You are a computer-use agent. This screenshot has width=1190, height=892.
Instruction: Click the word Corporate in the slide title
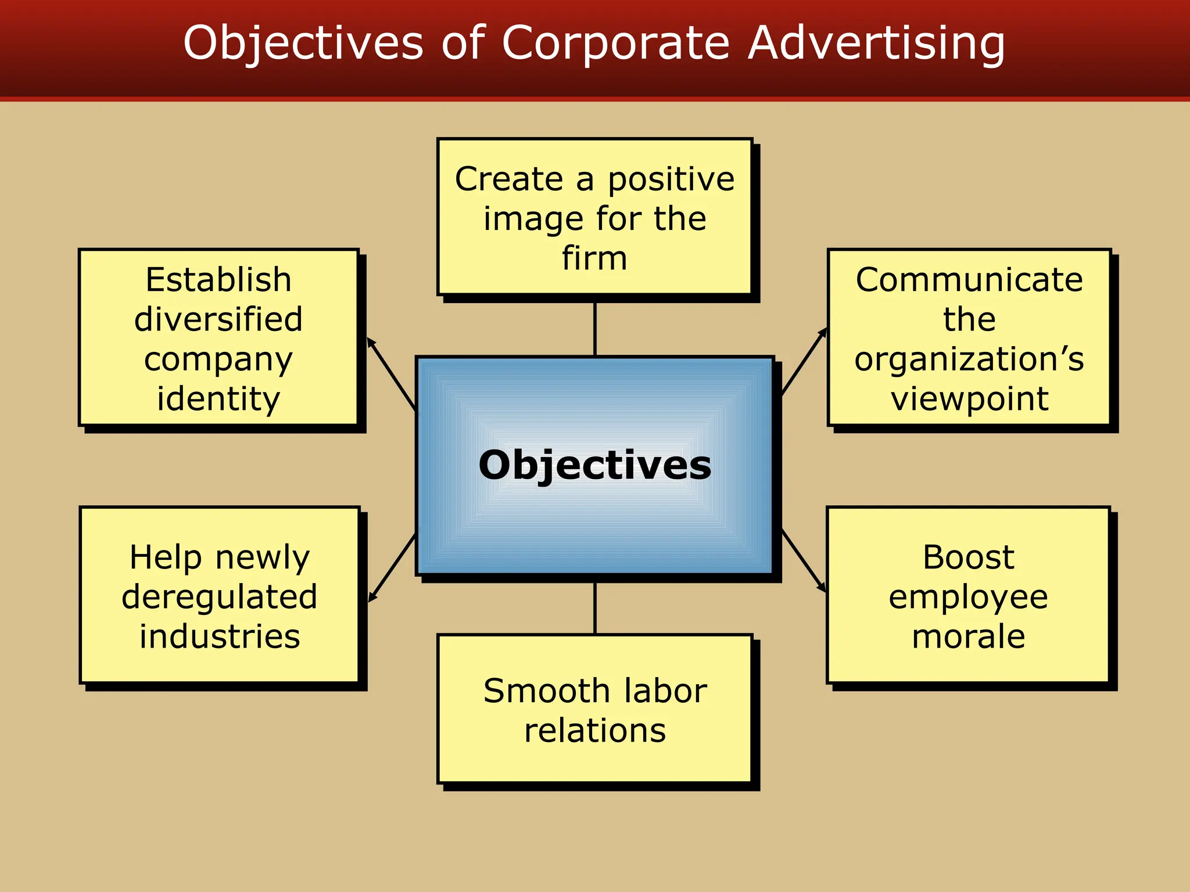click(615, 43)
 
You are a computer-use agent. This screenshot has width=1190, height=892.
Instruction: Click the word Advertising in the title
click(876, 44)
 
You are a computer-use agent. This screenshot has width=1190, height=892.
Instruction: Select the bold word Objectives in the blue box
click(594, 466)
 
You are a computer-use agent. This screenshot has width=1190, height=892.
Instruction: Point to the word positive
click(671, 180)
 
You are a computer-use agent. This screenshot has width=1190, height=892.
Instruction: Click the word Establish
click(218, 280)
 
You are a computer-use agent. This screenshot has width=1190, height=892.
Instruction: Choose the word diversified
click(218, 319)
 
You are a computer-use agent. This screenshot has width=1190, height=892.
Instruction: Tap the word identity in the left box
click(218, 399)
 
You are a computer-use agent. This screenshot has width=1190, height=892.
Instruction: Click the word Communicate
click(969, 280)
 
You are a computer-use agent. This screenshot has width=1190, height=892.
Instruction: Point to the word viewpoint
click(969, 400)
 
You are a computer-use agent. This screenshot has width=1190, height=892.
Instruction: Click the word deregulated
click(220, 597)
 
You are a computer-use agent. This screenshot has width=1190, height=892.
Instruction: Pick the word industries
click(220, 636)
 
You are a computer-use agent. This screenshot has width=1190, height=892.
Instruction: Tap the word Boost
click(969, 557)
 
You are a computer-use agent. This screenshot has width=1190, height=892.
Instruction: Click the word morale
click(969, 636)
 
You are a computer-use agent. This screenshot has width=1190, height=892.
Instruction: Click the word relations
click(595, 731)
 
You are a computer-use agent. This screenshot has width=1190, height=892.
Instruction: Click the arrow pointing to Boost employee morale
click(804, 561)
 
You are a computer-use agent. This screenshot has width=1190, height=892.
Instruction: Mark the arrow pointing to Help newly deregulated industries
click(392, 568)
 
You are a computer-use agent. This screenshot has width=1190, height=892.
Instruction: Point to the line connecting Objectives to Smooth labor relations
click(595, 607)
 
